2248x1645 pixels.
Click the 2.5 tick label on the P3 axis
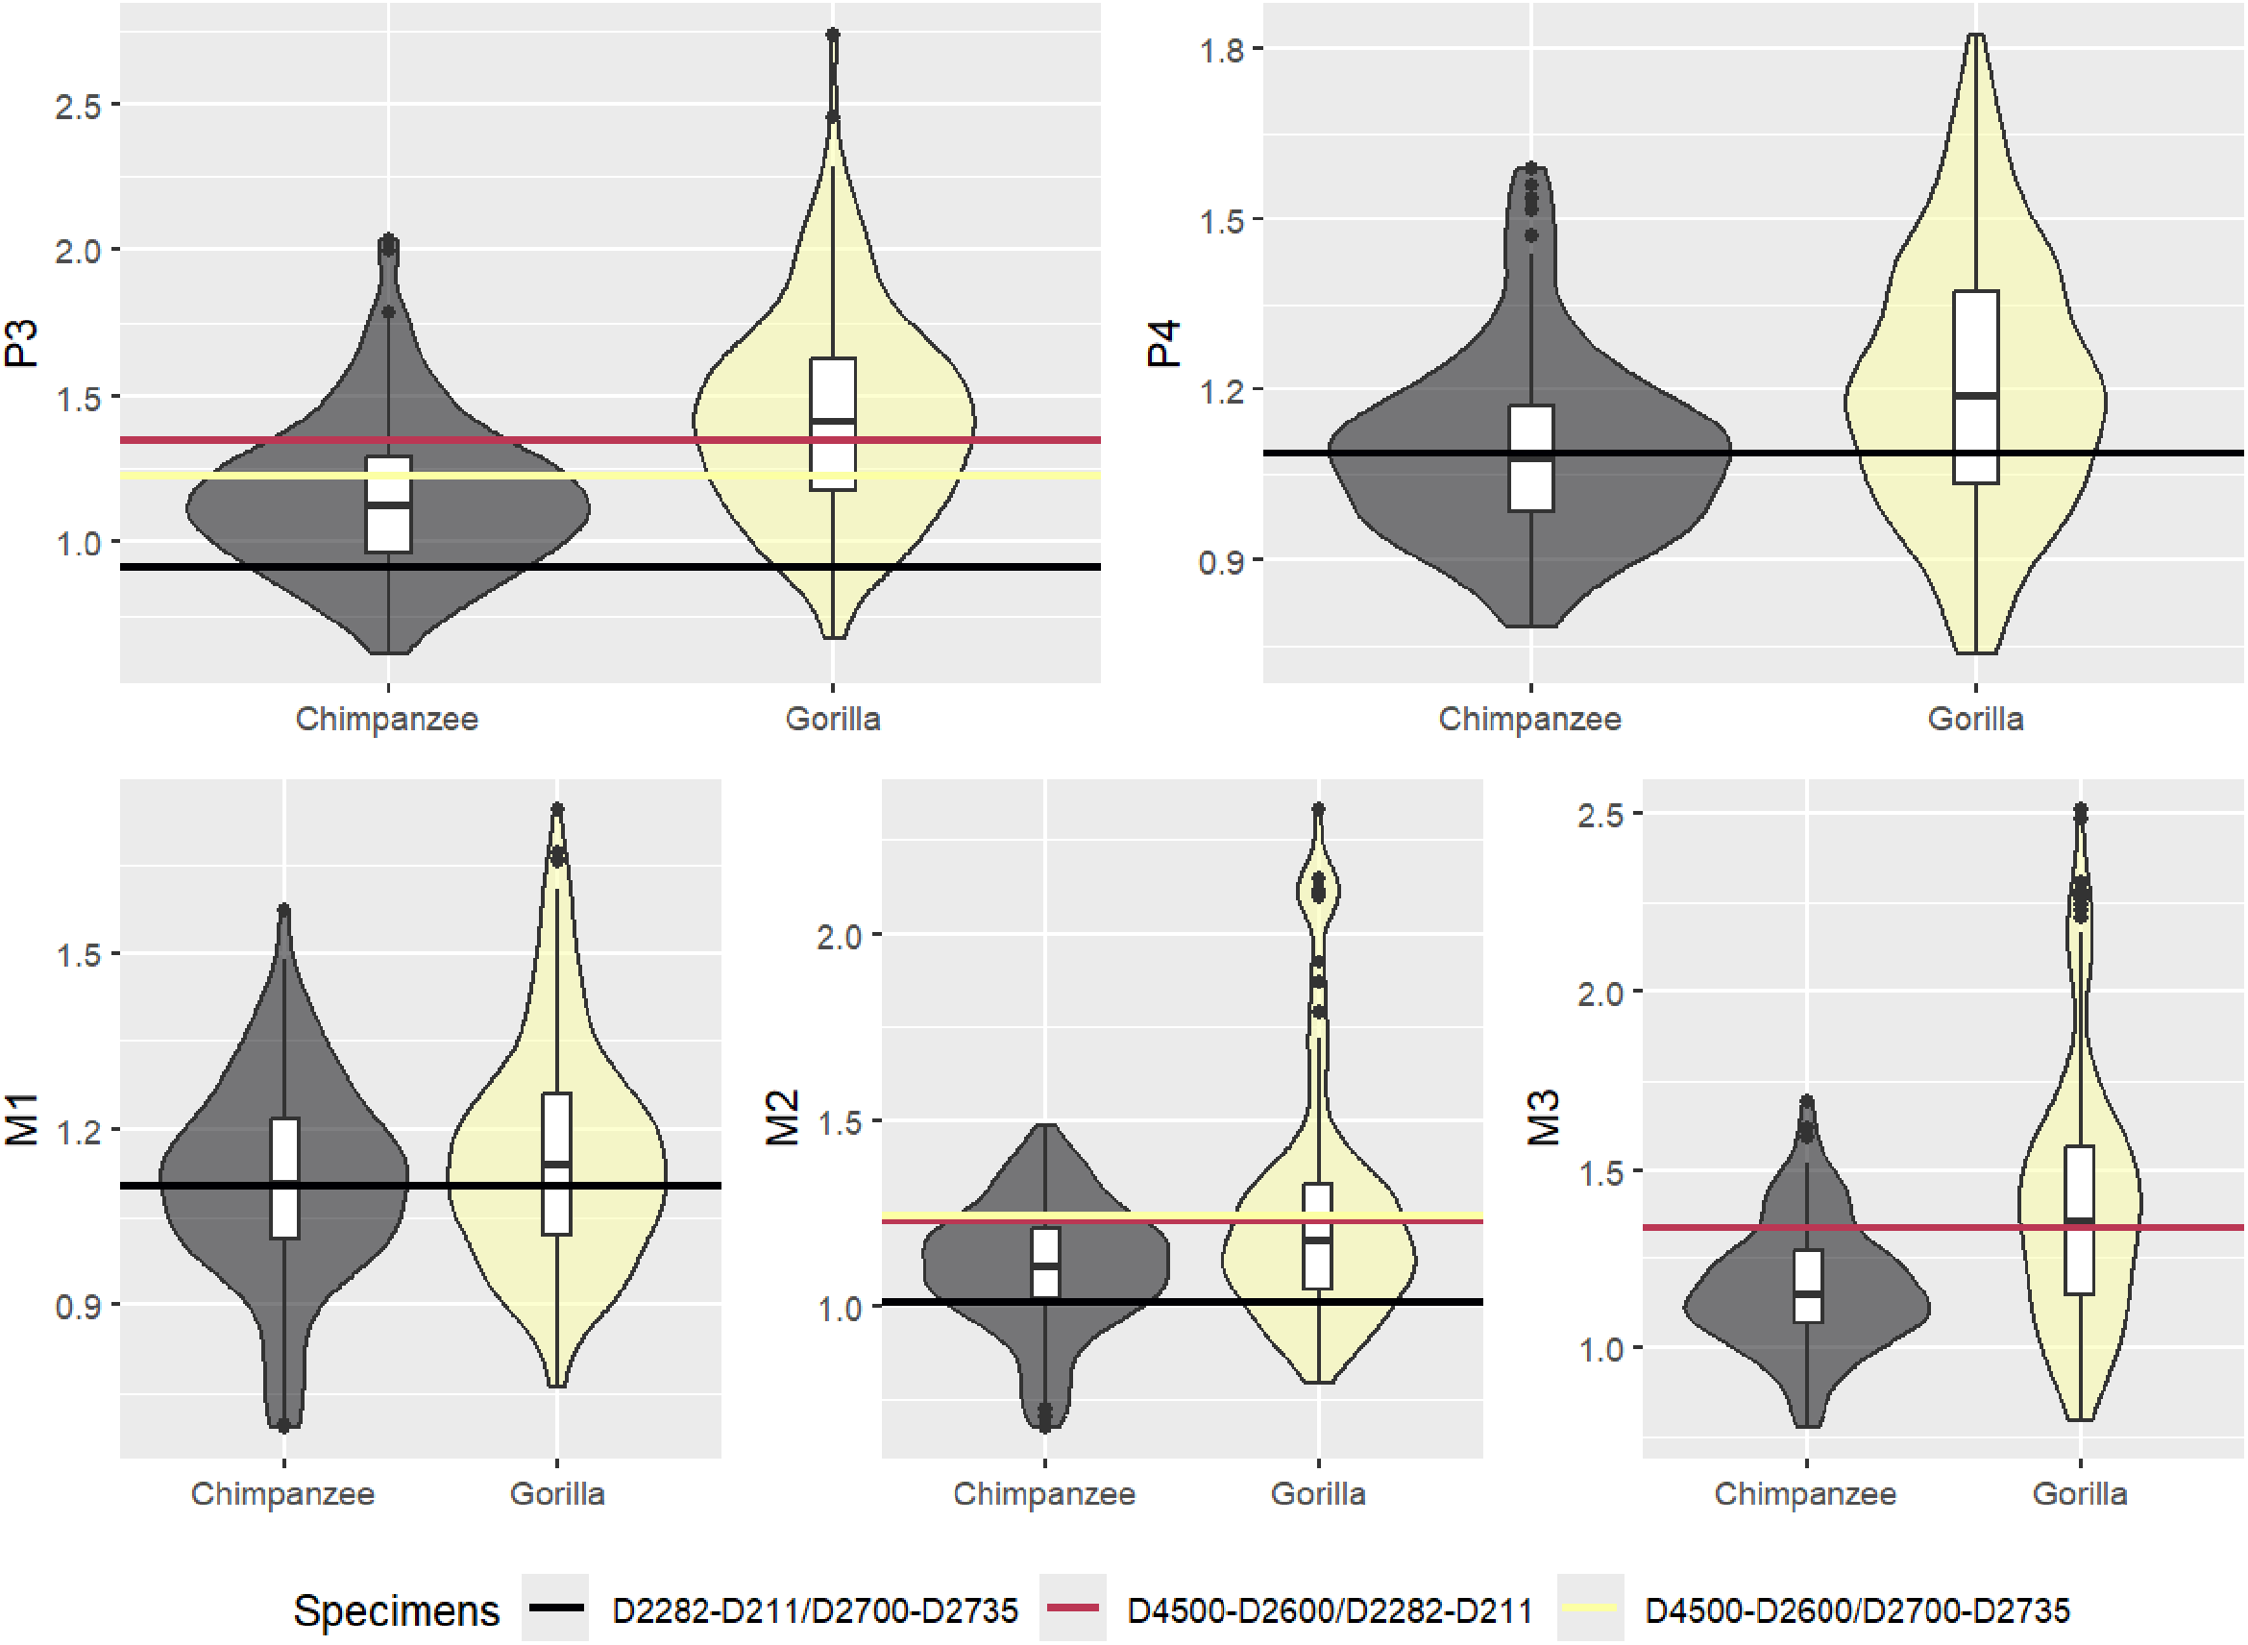pos(78,106)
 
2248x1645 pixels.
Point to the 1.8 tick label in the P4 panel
pos(1223,49)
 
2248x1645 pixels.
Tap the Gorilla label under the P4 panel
pos(1975,719)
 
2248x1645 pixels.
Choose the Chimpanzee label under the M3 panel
pos(1805,1493)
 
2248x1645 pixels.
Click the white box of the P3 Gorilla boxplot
pos(833,423)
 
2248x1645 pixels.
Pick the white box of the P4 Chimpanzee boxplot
pos(1531,458)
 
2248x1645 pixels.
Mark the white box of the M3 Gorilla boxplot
pos(2080,1219)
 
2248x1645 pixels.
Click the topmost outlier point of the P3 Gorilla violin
pos(833,36)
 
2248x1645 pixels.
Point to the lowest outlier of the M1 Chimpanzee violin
pos(284,1426)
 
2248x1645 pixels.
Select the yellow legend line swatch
pos(1590,1608)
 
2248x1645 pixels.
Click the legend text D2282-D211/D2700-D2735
pos(815,1610)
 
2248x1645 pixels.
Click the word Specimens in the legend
pos(396,1610)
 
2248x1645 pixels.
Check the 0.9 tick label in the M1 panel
pos(78,1307)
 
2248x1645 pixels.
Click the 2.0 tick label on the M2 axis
pos(840,937)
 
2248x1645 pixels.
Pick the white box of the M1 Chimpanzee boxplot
pos(284,1178)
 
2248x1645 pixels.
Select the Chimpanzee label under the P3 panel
pos(387,719)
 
